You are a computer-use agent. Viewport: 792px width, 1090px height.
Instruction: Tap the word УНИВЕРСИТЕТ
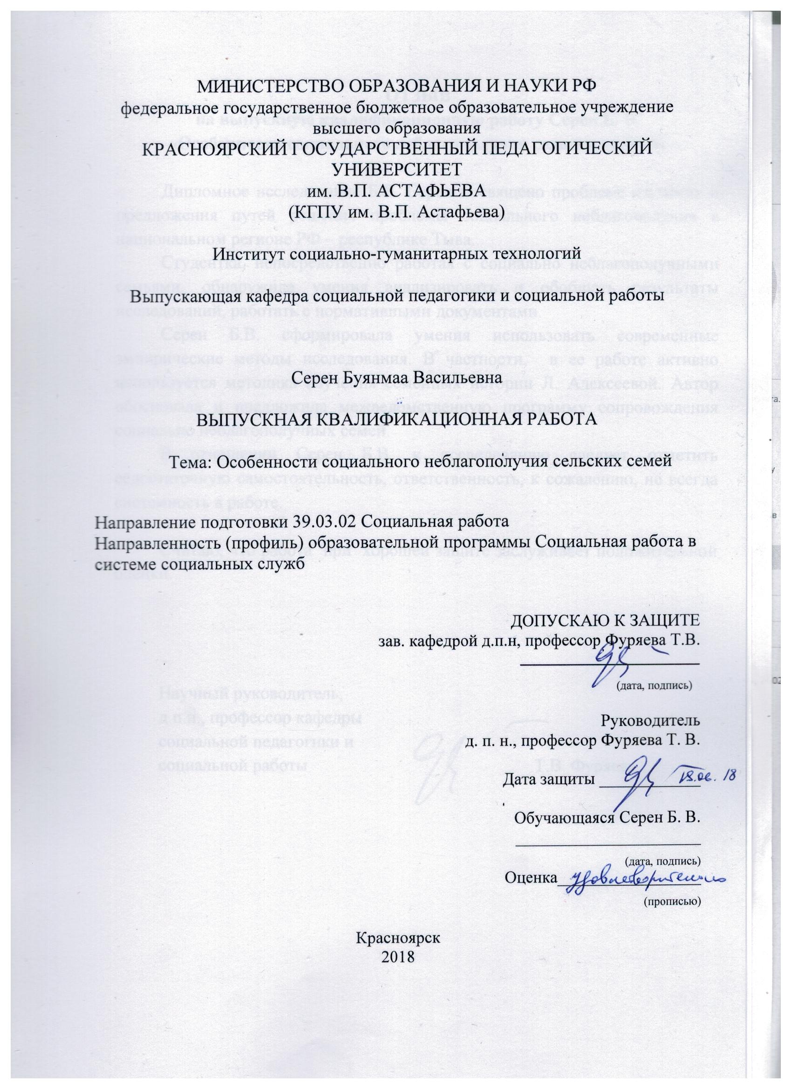(x=398, y=170)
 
